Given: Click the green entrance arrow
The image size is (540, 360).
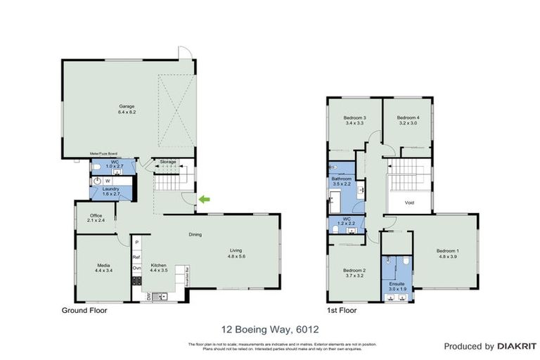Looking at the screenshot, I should tap(204, 200).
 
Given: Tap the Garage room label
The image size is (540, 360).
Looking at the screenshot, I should tap(127, 109).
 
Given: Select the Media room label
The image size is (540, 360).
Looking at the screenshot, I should tap(104, 268).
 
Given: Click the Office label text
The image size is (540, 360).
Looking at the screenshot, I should tap(96, 218).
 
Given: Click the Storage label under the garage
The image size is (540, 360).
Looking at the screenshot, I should tap(167, 162).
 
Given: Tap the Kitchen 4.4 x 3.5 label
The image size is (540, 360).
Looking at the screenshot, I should tap(157, 267).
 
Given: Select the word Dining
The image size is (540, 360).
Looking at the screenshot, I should tap(195, 235).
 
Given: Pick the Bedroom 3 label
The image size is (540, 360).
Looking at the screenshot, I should tap(354, 120).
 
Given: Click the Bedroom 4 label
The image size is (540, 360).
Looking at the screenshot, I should tap(408, 120).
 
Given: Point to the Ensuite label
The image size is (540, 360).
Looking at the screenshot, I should tap(398, 285).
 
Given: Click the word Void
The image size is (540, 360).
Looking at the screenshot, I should tap(409, 202).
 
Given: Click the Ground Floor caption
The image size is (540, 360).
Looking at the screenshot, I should tap(83, 310).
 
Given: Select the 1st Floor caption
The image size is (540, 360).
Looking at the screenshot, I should tap(342, 310).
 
